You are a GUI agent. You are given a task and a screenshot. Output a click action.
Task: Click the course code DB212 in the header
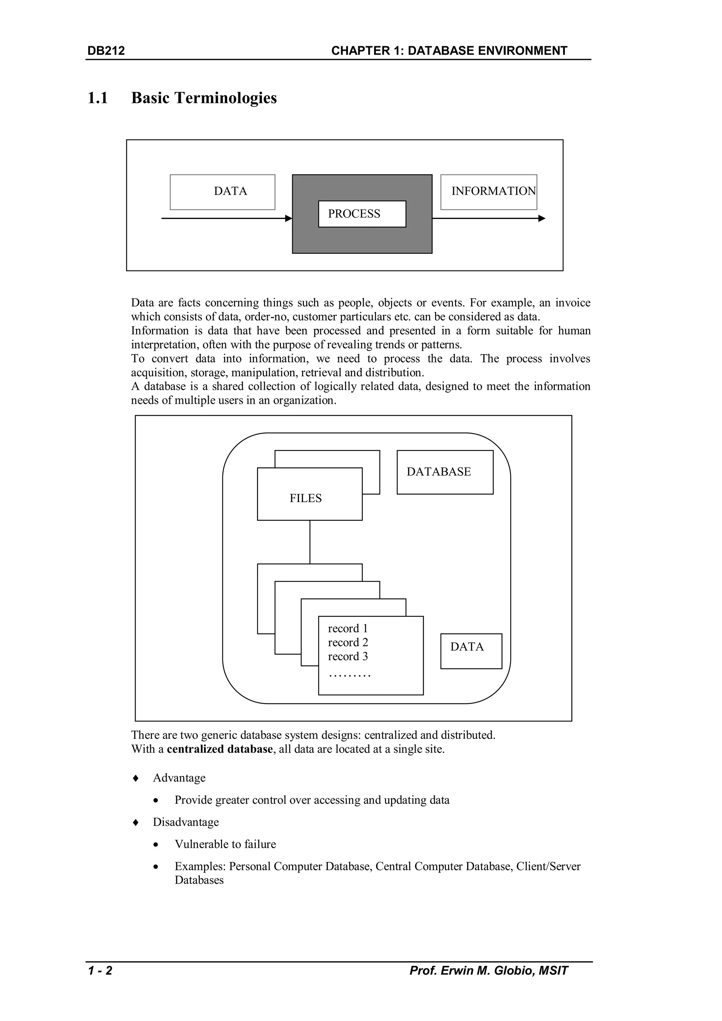(106, 51)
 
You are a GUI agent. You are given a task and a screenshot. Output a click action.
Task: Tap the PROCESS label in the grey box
(354, 214)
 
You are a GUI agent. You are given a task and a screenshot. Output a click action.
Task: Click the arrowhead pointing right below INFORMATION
(541, 218)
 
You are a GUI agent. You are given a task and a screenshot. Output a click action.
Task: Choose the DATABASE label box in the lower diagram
(445, 472)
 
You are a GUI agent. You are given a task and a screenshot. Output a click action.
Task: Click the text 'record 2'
(348, 642)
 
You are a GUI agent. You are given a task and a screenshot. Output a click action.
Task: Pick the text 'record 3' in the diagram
(348, 656)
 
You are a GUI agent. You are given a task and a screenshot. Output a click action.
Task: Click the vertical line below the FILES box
(310, 542)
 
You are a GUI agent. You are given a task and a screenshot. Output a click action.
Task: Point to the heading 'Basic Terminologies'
(204, 98)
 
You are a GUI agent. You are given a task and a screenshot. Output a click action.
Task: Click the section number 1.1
(98, 98)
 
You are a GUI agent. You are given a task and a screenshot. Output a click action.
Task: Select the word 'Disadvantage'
(186, 822)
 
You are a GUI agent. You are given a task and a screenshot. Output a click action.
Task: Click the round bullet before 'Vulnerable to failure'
(155, 844)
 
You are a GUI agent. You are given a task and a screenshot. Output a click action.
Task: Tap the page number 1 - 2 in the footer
(100, 970)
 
